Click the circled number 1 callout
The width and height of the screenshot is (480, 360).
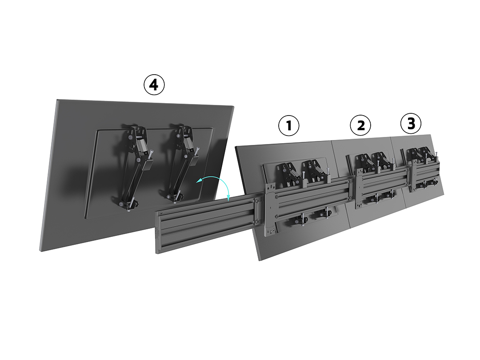(x=289, y=125)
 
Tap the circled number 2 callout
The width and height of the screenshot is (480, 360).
(x=360, y=125)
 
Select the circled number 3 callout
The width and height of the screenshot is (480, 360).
(x=411, y=124)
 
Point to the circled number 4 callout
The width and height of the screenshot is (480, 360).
(x=154, y=84)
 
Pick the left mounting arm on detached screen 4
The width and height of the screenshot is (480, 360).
(x=135, y=167)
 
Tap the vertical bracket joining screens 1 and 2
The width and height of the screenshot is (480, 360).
(x=358, y=191)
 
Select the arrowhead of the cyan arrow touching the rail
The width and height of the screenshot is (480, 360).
(x=228, y=199)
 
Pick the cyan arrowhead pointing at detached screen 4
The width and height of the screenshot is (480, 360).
(x=199, y=181)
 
